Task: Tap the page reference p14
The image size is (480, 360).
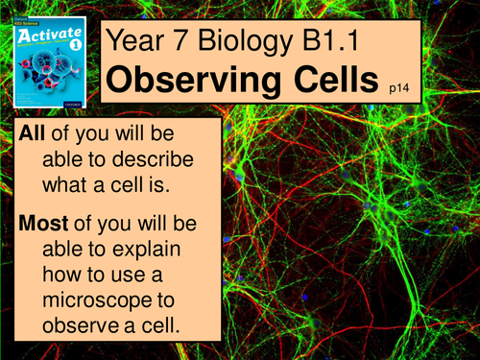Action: tap(399, 87)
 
